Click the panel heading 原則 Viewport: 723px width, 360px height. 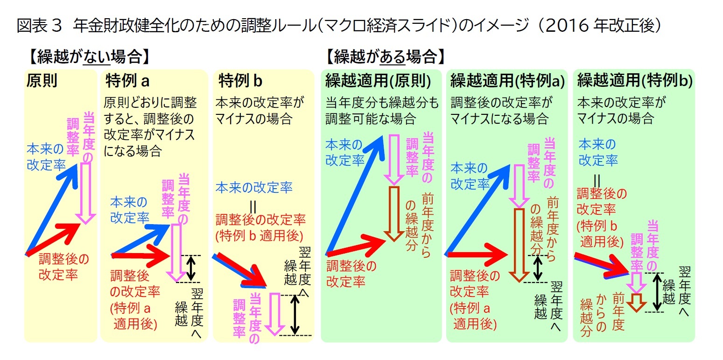click(x=42, y=80)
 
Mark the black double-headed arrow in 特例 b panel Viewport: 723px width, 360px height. click(x=295, y=314)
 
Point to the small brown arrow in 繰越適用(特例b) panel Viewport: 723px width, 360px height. click(x=636, y=301)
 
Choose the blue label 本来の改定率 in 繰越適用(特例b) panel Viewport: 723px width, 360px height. click(x=598, y=152)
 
